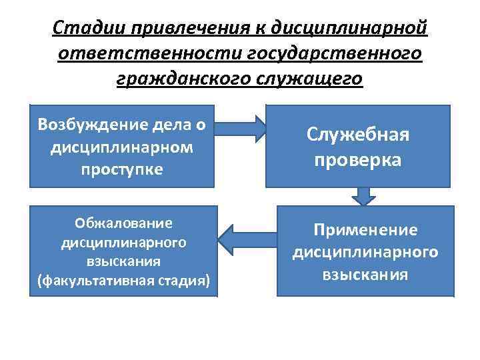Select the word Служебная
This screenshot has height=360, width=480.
358,135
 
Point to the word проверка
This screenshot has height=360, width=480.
358,160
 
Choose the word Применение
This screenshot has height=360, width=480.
365,230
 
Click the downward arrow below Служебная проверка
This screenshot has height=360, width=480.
364,197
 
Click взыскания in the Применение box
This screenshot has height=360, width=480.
365,274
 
